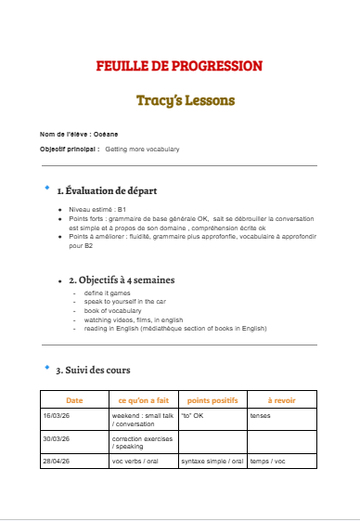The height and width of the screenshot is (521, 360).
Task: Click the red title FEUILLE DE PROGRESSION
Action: pos(180,66)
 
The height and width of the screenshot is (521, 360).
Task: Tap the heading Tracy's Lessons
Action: pos(180,99)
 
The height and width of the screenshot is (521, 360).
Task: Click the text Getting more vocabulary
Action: pos(142,149)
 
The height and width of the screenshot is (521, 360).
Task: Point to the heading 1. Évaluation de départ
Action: pos(107,190)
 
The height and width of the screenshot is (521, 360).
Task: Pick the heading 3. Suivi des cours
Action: pos(93,370)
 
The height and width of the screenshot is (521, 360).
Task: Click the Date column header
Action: pos(74,399)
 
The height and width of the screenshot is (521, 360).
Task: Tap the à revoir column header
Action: pos(282,399)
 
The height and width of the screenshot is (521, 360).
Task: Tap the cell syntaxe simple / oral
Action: pos(212,461)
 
